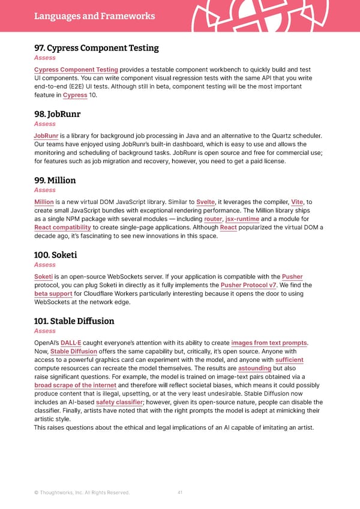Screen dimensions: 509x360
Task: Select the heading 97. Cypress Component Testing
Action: [x=96, y=48]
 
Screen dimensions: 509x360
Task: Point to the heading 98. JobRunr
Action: [x=57, y=114]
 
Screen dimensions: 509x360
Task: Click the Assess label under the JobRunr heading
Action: [x=45, y=124]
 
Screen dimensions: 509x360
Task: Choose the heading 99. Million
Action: [x=55, y=180]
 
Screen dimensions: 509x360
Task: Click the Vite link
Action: [x=297, y=202]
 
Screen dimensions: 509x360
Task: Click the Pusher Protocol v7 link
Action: [x=248, y=285]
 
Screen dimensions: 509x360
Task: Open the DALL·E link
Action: [x=71, y=343]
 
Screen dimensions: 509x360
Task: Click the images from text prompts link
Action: [x=269, y=343]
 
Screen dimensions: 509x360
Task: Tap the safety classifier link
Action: [x=119, y=402]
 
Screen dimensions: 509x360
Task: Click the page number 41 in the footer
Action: [x=180, y=493]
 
